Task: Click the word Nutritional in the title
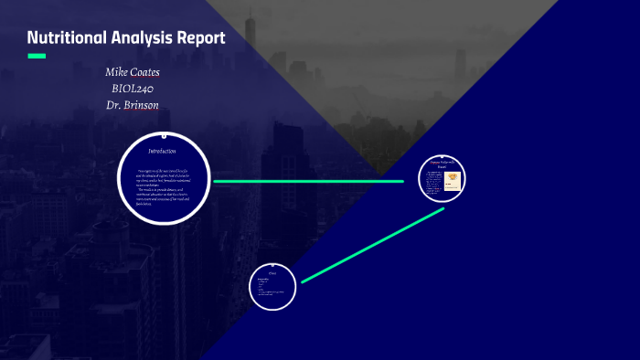click(67, 37)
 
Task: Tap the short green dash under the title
click(37, 57)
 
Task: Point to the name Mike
click(120, 71)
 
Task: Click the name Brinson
click(145, 104)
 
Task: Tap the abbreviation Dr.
click(114, 104)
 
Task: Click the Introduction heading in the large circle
click(163, 150)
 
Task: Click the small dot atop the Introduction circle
click(164, 132)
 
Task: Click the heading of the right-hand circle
click(442, 164)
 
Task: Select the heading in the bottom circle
click(273, 271)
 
